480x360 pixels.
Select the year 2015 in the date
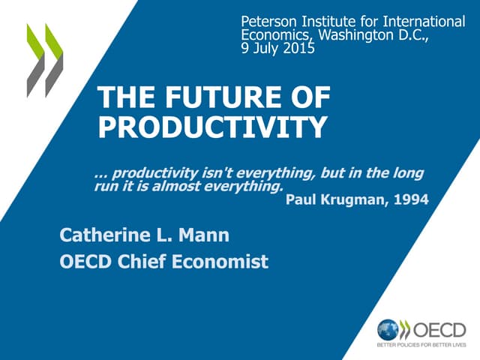(298, 49)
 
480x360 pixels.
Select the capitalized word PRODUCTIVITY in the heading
(213, 127)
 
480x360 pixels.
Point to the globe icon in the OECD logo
(388, 329)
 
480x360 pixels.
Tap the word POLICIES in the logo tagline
(409, 346)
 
